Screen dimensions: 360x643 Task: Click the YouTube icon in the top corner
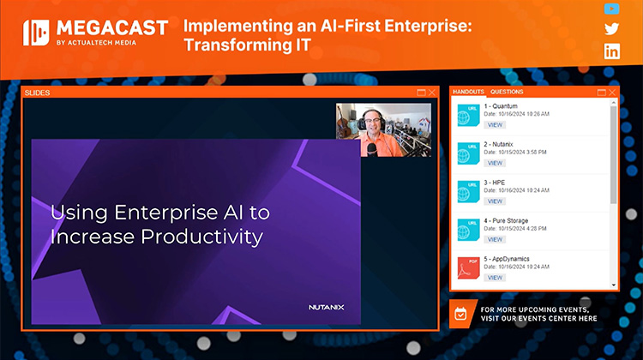[611, 9]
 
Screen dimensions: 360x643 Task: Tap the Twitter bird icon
[611, 29]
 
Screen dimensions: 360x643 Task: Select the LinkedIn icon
[611, 51]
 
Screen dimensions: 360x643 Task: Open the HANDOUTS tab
[468, 92]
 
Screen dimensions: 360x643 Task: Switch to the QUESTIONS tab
[507, 92]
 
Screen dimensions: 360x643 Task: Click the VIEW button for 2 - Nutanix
[496, 163]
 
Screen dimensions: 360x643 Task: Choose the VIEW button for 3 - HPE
[496, 201]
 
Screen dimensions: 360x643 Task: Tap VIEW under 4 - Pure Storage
[496, 239]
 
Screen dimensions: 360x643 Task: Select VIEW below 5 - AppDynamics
[496, 278]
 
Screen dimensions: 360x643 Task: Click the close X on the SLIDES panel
[432, 92]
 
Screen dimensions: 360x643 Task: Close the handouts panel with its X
[611, 92]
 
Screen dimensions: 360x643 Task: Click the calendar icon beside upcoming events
[460, 314]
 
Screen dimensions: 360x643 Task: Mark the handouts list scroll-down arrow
[613, 285]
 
